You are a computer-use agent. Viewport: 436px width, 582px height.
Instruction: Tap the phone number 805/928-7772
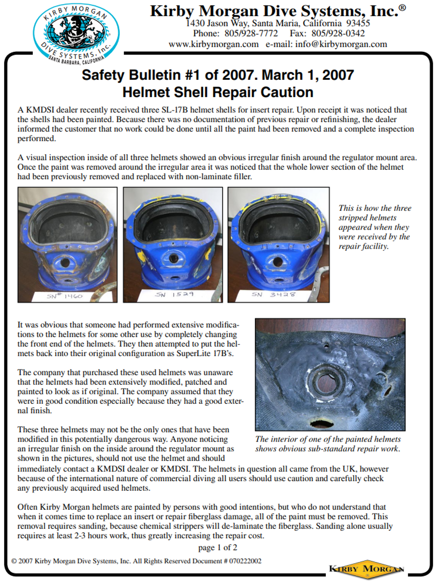pyautogui.click(x=251, y=34)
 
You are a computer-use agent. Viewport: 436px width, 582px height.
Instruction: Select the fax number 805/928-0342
pyautogui.click(x=338, y=34)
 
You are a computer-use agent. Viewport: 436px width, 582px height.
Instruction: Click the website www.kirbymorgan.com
pyautogui.click(x=214, y=44)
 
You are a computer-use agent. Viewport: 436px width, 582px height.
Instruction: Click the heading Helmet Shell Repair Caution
pyautogui.click(x=218, y=92)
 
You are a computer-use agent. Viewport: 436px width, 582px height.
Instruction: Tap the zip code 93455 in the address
pyautogui.click(x=358, y=24)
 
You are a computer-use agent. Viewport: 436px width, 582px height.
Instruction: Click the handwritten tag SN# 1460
pyautogui.click(x=65, y=296)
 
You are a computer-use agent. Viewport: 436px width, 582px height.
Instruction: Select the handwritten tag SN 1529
pyautogui.click(x=174, y=294)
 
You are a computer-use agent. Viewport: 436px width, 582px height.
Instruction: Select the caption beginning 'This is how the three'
pyautogui.click(x=375, y=227)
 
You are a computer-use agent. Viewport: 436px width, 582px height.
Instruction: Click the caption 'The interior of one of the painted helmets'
pyautogui.click(x=328, y=439)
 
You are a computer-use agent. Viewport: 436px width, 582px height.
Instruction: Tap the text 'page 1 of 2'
pyautogui.click(x=218, y=548)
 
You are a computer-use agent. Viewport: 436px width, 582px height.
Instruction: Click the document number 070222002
pyautogui.click(x=245, y=561)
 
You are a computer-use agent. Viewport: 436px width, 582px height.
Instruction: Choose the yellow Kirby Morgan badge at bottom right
pyautogui.click(x=366, y=569)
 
